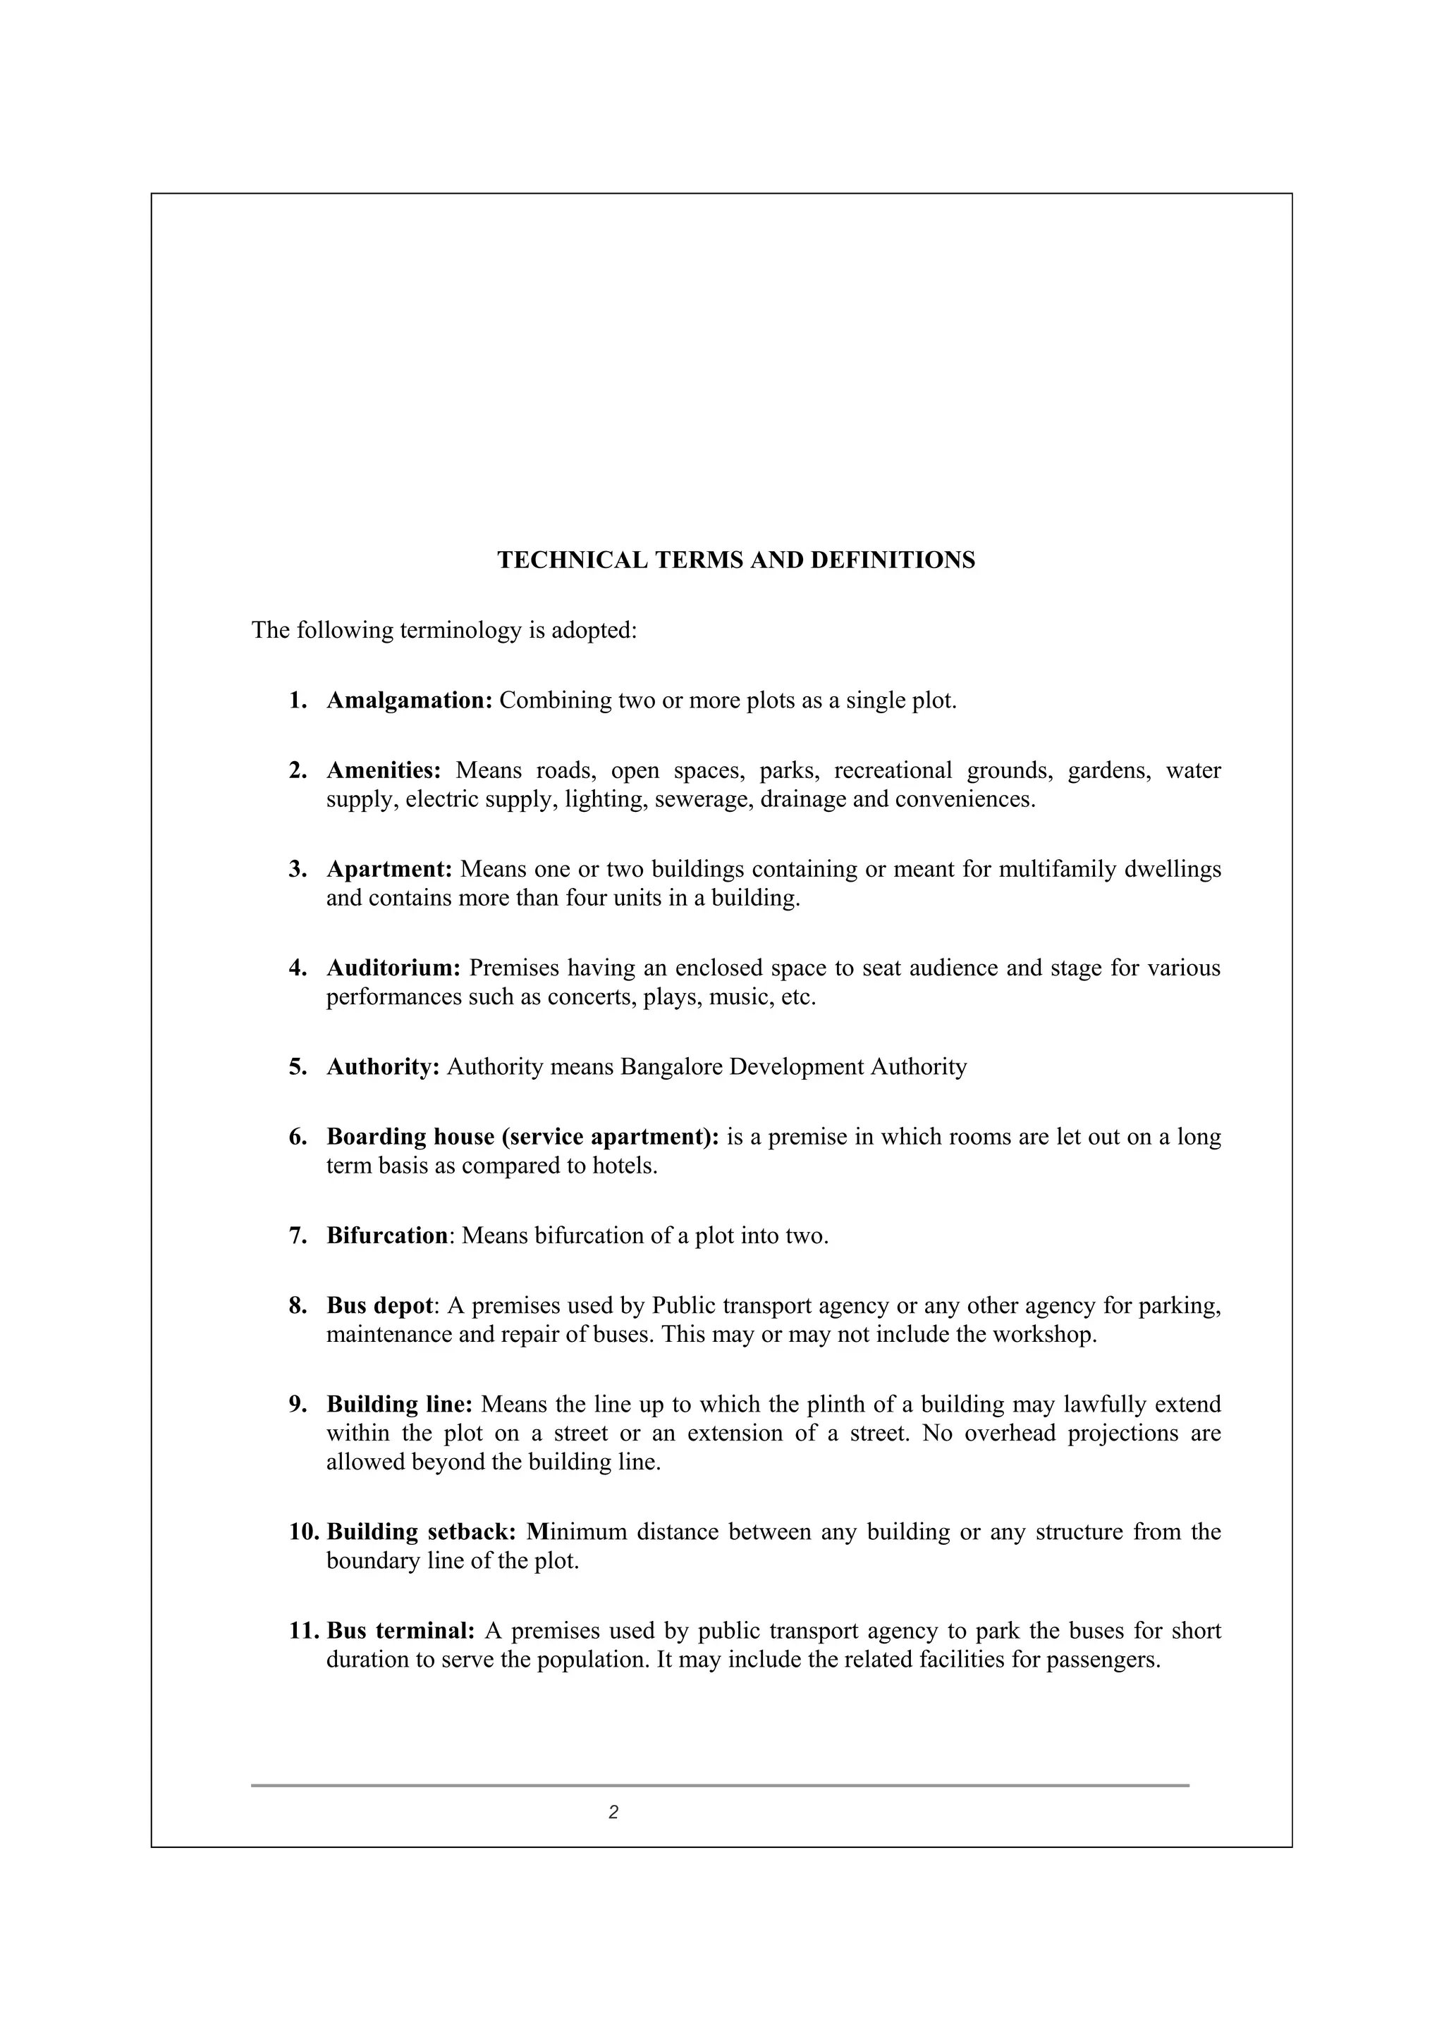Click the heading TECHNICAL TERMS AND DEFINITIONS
[735, 560]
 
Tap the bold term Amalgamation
[409, 701]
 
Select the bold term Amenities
[384, 770]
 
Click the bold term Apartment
[389, 868]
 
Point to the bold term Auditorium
[393, 967]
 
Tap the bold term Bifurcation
[387, 1235]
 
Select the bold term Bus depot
[379, 1306]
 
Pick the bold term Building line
[399, 1405]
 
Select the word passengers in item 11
[1103, 1660]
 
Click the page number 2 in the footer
[613, 1813]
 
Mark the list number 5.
[297, 1067]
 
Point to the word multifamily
[1058, 868]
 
